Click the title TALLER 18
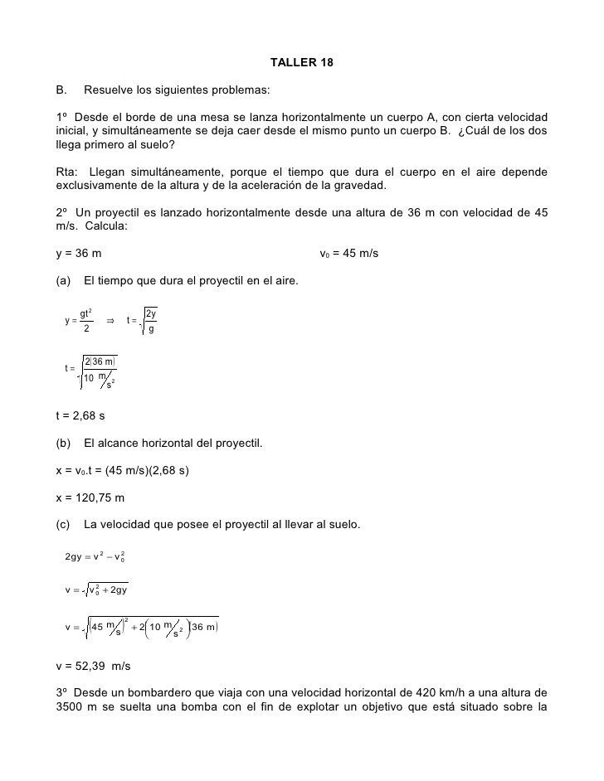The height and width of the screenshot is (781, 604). tap(302, 63)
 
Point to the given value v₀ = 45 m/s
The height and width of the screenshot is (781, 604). tap(348, 253)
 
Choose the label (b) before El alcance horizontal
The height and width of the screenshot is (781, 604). tap(63, 443)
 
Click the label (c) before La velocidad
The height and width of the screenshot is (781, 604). tap(63, 525)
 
